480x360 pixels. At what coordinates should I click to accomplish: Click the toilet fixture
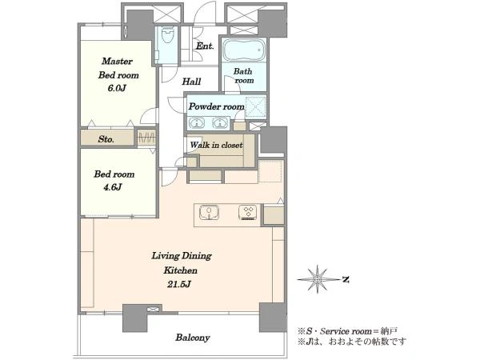point(167,35)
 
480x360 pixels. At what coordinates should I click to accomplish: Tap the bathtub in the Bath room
point(244,50)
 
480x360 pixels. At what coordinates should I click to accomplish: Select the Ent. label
point(205,46)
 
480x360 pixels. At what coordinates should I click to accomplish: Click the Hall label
point(192,82)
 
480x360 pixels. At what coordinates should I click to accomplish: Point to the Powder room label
point(217,106)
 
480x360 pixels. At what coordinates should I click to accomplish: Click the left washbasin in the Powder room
point(197,123)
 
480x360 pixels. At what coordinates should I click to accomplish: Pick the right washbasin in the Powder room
point(219,123)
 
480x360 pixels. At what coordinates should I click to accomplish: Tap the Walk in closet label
point(217,145)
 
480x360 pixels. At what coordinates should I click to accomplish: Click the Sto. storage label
point(106,139)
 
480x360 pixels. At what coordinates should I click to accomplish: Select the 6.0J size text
point(117,89)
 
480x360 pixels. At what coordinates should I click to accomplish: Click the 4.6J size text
point(112,187)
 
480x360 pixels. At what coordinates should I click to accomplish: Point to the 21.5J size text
point(179,284)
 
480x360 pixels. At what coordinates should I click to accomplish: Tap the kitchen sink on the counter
point(209,213)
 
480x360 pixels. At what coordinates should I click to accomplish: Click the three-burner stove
point(248,213)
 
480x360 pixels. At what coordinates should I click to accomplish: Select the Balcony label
point(193,338)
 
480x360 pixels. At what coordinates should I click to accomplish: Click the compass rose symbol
point(318,279)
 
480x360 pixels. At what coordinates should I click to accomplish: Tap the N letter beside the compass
point(346,279)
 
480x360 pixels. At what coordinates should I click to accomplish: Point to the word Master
point(118,62)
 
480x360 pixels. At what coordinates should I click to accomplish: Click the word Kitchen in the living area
point(180,270)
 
